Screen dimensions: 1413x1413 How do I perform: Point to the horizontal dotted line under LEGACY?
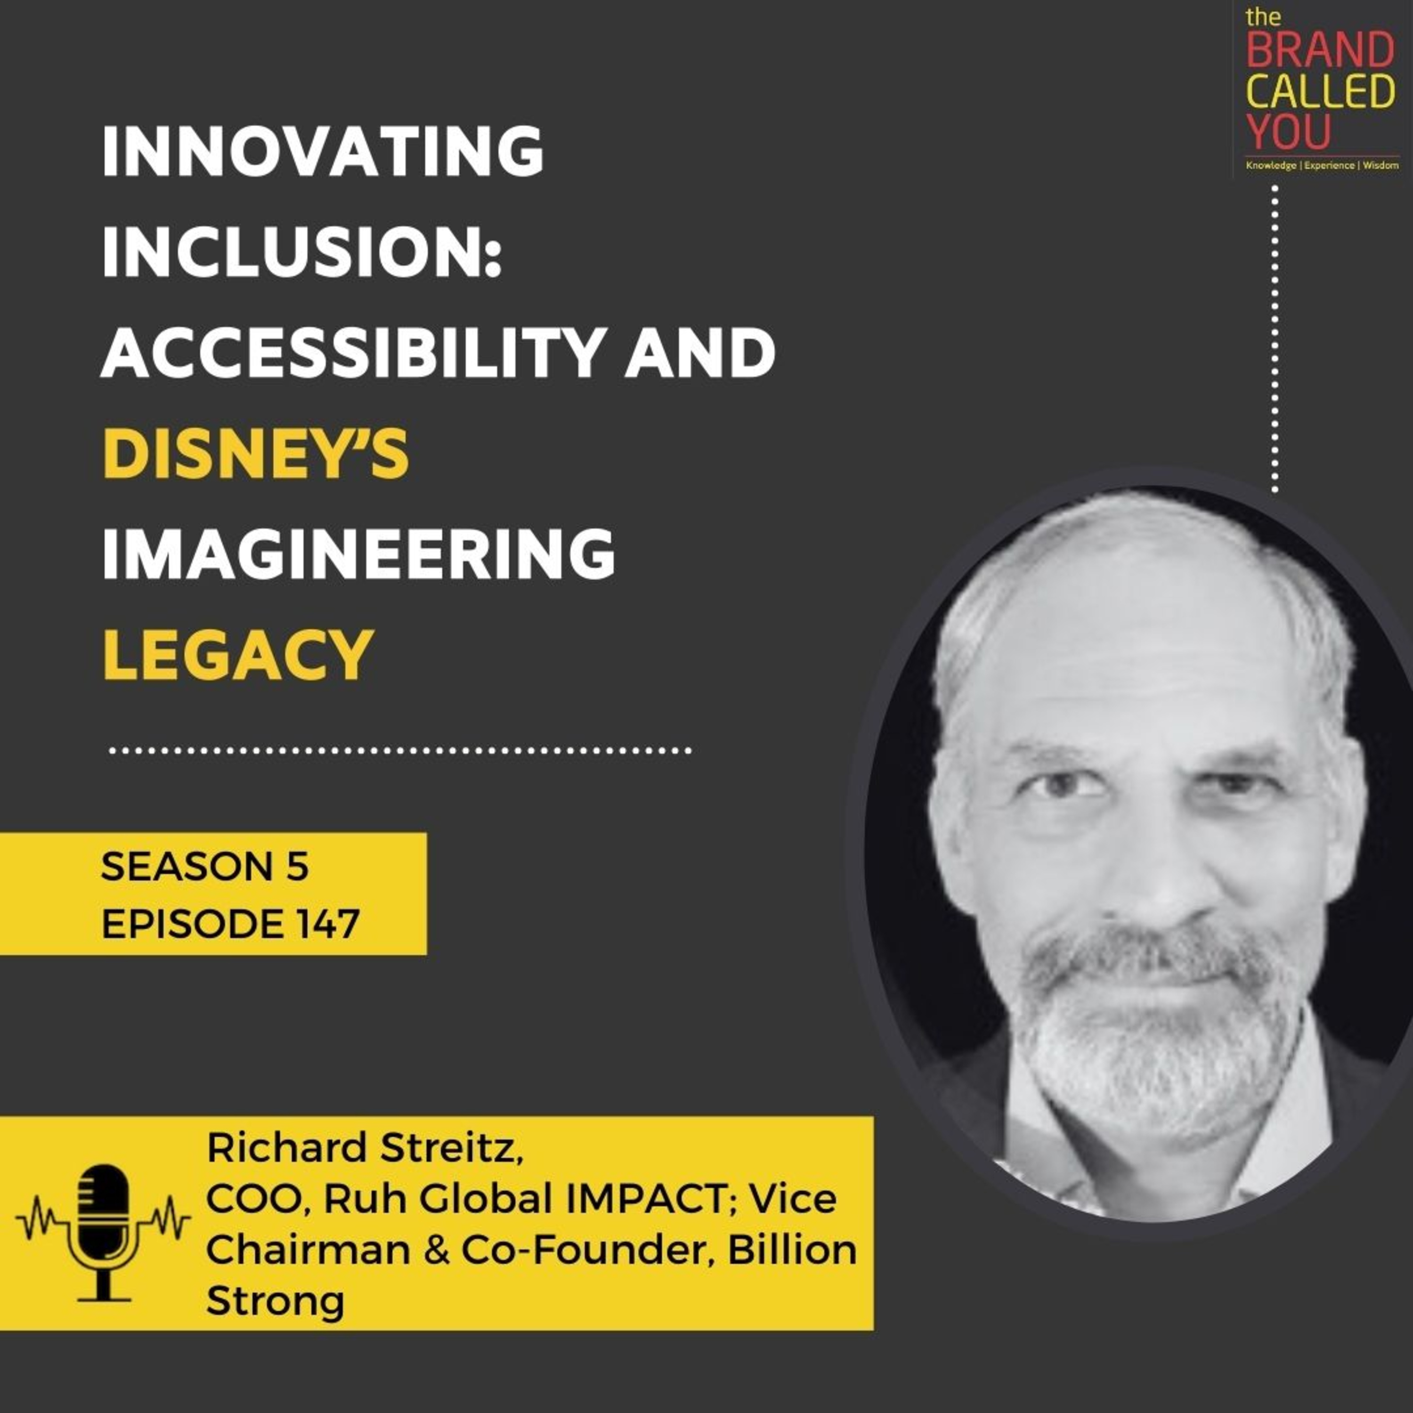click(x=400, y=750)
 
